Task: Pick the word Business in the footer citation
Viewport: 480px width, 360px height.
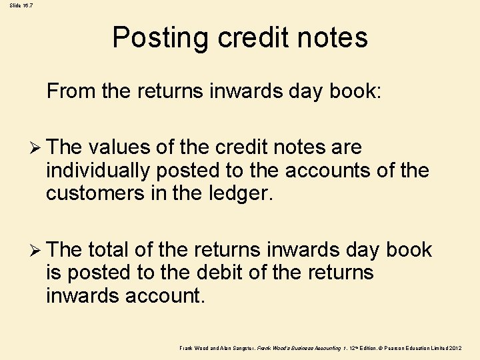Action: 299,349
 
